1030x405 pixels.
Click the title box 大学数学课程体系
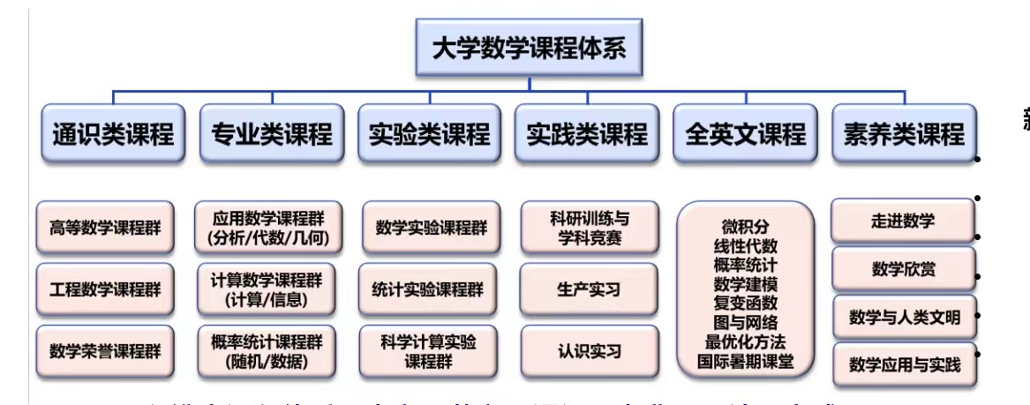tap(530, 48)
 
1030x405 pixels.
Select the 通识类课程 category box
tap(113, 134)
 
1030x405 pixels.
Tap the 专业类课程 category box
tap(272, 134)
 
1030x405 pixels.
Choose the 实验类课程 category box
tap(429, 134)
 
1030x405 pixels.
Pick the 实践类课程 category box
tap(587, 134)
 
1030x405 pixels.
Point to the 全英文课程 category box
tap(745, 134)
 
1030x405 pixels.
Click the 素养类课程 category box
tap(904, 134)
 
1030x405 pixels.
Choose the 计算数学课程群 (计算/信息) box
tap(267, 289)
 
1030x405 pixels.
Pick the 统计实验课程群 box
tap(428, 289)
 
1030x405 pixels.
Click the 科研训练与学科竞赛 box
tap(590, 227)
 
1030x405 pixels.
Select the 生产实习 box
tap(590, 289)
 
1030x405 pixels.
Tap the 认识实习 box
tap(590, 350)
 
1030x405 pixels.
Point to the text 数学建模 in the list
tap(745, 284)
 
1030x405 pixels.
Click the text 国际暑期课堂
tap(745, 361)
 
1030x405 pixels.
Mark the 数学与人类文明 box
tap(904, 317)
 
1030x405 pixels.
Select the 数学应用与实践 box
tap(904, 364)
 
